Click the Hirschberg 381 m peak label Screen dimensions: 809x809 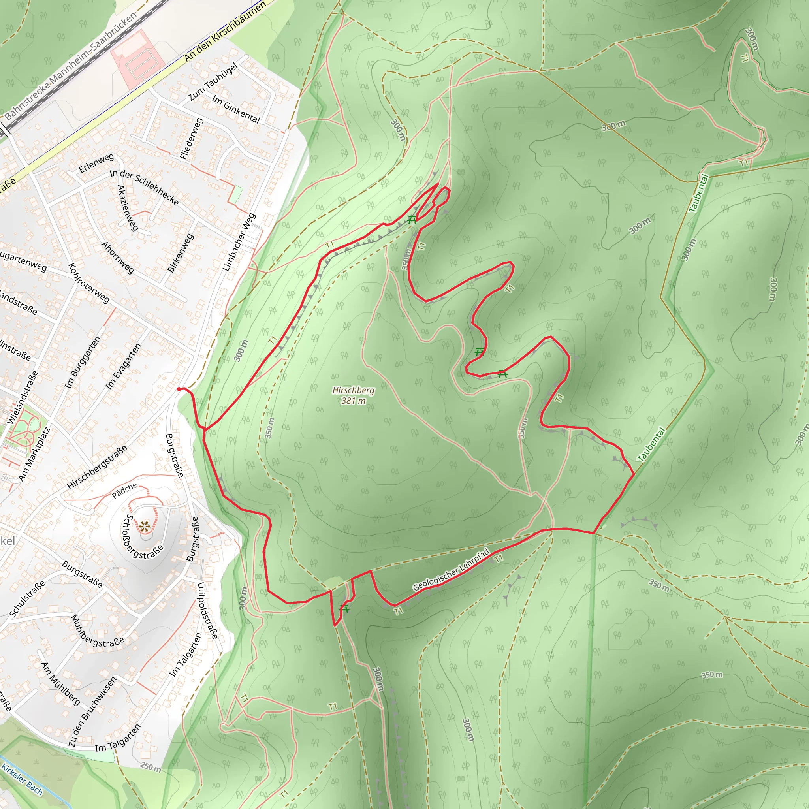click(353, 395)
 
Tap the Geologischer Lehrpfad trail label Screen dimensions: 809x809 click(451, 570)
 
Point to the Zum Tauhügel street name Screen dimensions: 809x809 click(213, 82)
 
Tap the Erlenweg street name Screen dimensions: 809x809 click(96, 163)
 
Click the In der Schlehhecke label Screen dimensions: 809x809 click(144, 187)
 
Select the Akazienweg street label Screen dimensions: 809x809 click(127, 208)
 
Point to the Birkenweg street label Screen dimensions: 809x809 click(181, 253)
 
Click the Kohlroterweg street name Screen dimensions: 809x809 click(89, 283)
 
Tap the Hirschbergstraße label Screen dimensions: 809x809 click(97, 467)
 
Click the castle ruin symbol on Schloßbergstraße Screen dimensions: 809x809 click(145, 527)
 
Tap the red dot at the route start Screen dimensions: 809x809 click(179, 389)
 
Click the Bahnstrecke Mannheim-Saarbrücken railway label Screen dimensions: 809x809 click(71, 65)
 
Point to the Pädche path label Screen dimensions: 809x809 click(124, 490)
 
